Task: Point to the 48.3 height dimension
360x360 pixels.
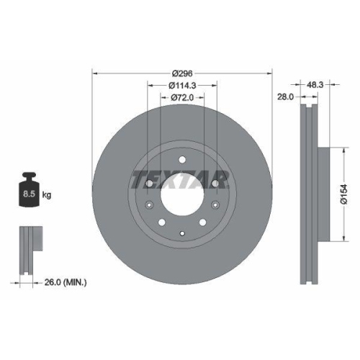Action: tap(315, 84)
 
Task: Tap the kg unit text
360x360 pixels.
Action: tap(46, 194)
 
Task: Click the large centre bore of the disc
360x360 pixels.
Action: tap(182, 192)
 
